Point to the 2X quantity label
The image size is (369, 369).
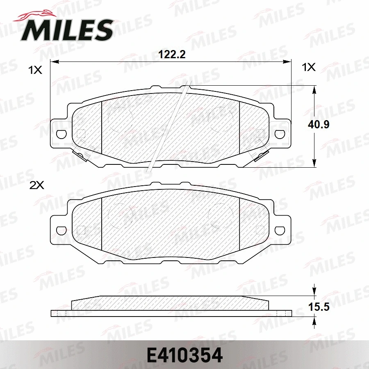point(37,185)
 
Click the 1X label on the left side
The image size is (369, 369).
point(35,70)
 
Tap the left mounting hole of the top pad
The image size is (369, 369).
point(61,134)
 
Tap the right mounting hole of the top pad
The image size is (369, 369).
point(280,134)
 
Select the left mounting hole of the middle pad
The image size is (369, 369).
point(61,230)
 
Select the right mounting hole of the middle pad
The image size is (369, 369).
point(280,230)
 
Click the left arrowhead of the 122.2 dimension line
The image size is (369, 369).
point(53,62)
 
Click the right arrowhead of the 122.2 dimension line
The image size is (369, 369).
point(287,62)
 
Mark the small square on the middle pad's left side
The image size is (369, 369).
point(81,230)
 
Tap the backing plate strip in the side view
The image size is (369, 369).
point(171,314)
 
